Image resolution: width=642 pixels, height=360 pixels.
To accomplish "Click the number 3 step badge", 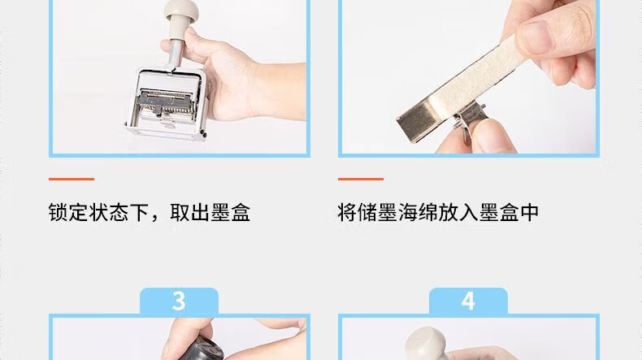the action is coord(179,301).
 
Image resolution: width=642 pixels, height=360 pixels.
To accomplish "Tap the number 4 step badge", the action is coord(468,301).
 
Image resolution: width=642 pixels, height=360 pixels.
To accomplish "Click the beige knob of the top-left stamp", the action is coord(181,12).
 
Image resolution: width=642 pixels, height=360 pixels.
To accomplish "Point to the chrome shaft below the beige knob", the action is coord(176,52).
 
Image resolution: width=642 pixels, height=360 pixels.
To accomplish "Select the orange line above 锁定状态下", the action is coord(72,179).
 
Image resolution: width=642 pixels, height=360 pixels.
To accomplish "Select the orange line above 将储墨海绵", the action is coord(361,179).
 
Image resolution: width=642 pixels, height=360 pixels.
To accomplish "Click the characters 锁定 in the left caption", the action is coord(68,213).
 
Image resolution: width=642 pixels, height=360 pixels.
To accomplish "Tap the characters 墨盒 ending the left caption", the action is coord(230,213).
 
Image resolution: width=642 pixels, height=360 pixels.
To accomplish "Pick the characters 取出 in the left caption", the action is coord(189,213).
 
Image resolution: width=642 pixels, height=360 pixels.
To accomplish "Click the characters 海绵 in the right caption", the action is coord(418,213).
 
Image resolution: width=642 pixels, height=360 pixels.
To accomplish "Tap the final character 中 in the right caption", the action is coord(529,213).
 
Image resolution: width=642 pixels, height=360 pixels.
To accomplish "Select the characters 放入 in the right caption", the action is coord(458,213).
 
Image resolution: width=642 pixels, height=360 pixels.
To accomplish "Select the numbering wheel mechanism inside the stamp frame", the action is coord(165,106).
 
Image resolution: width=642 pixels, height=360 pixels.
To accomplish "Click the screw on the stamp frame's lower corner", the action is coord(203,132).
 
